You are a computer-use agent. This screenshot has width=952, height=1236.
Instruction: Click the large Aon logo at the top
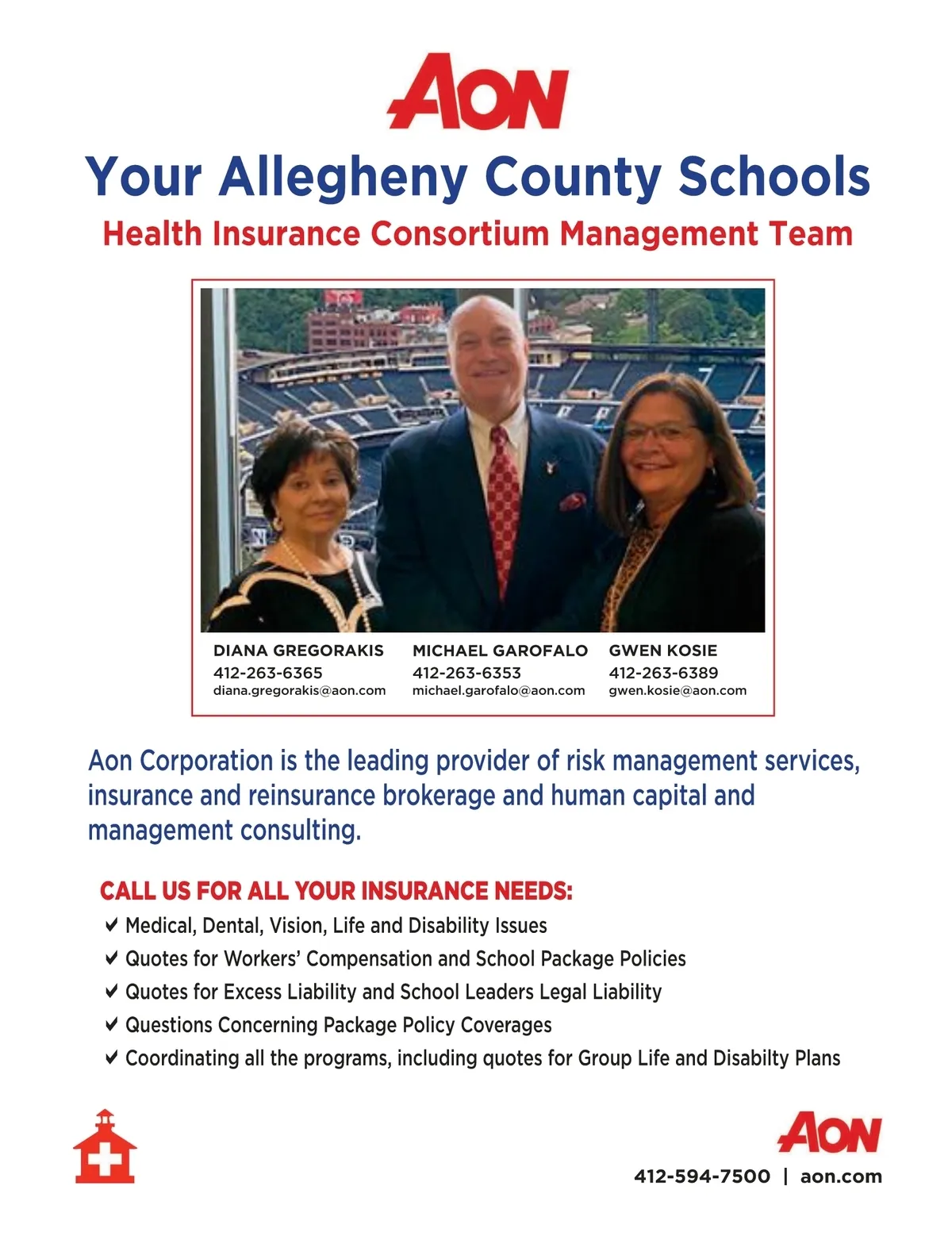pos(478,92)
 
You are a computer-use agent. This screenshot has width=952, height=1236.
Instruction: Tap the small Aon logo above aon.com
pos(829,1132)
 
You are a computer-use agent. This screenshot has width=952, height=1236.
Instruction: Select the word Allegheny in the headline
pos(343,176)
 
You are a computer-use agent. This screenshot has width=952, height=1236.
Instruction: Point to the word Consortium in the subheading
pos(460,234)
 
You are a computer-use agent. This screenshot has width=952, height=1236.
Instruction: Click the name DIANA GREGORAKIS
pos(298,651)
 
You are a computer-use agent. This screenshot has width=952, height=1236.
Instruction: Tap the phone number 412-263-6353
pos(466,673)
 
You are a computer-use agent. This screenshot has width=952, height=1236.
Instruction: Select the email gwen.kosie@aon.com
pos(678,690)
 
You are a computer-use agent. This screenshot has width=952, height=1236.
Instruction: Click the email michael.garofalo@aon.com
pos(498,690)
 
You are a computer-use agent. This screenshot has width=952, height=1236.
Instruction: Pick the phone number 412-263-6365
pos(267,673)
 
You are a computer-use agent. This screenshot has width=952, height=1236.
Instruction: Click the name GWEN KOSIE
pos(662,651)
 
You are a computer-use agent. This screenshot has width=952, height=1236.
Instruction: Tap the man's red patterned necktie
pos(504,500)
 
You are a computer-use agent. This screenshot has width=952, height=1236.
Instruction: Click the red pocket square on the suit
pos(573,501)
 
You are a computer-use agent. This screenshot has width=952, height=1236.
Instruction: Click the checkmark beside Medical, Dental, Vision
pos(112,925)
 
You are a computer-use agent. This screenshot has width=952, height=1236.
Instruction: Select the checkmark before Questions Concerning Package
pos(112,1024)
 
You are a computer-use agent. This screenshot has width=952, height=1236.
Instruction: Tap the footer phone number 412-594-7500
pos(702,1177)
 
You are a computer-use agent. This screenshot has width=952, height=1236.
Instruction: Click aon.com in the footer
pos(841,1177)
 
